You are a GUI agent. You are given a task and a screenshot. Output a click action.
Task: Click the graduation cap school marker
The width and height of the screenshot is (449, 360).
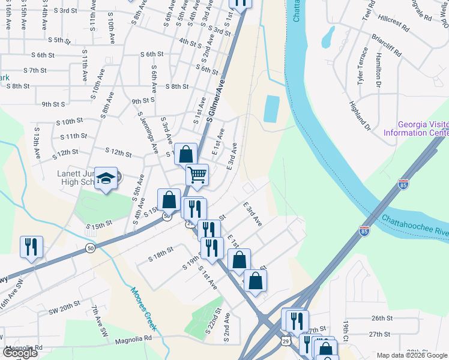(x=106, y=178)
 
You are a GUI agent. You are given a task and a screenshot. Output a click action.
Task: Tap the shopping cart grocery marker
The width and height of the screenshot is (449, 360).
(x=197, y=175)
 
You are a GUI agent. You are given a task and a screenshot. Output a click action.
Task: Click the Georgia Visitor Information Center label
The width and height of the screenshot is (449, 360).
(x=423, y=128)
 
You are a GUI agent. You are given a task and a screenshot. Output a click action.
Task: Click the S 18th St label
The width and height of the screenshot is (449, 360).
(x=160, y=254)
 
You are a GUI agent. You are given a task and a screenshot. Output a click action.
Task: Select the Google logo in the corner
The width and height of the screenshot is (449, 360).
(x=20, y=353)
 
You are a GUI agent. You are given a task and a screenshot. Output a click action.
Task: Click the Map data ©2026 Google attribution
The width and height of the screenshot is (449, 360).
(x=412, y=355)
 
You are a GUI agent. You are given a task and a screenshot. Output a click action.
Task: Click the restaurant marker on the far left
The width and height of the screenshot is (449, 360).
(x=31, y=247)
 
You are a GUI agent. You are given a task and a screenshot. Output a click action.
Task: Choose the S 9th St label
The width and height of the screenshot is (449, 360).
(x=53, y=104)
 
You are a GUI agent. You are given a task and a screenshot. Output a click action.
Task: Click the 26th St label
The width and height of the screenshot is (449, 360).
(x=381, y=317)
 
